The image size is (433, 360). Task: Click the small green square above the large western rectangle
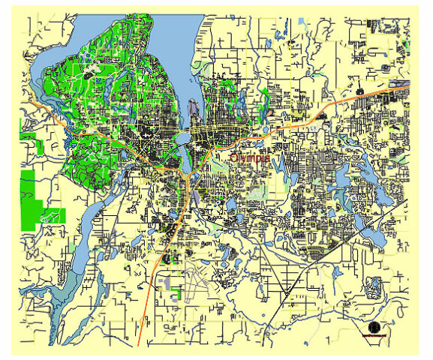click(x=28, y=139)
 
